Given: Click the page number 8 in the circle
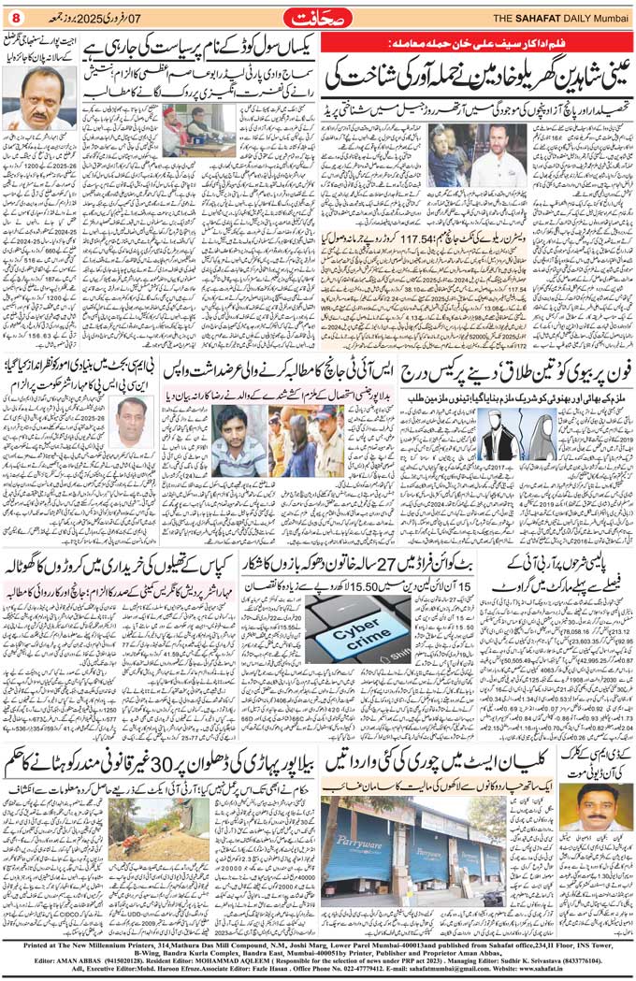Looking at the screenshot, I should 15,19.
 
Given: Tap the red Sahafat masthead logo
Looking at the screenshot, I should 318,18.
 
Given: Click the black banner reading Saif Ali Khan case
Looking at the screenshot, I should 393,44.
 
